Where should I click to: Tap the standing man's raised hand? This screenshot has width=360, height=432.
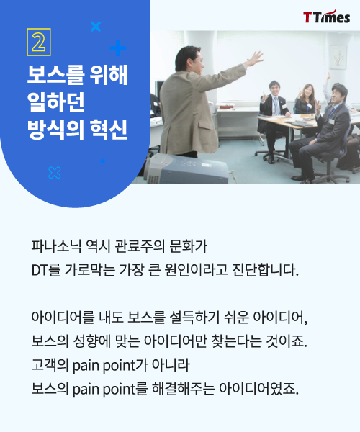tap(254, 58)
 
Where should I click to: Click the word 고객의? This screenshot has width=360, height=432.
tap(48, 363)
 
